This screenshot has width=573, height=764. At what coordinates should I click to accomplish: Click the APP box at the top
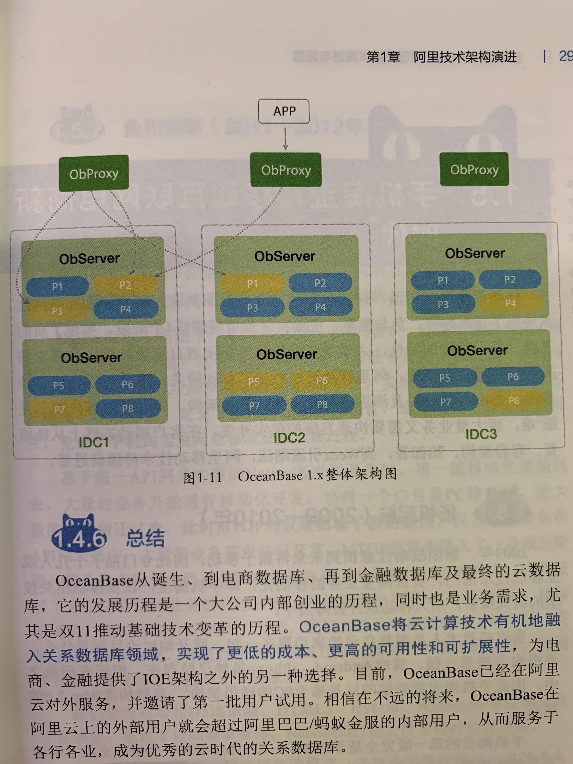(284, 111)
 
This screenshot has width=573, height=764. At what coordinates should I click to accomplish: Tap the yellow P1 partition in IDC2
(252, 284)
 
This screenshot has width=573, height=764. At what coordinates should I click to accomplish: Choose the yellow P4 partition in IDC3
(510, 303)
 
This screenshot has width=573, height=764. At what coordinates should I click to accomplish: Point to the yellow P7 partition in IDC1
(59, 410)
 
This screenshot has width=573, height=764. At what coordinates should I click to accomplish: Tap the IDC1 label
(94, 442)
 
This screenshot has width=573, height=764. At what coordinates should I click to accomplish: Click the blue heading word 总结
(145, 538)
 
